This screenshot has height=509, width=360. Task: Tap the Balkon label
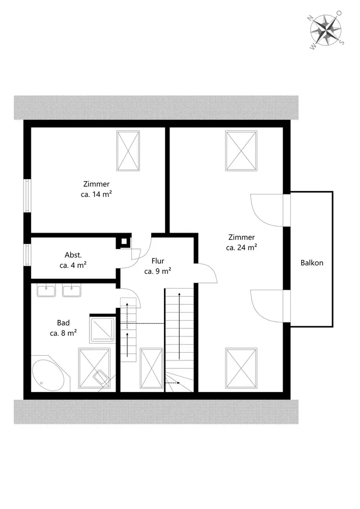pos(312,263)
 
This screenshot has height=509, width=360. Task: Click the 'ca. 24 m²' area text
pos(241,247)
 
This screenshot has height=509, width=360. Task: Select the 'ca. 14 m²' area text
pos(96,194)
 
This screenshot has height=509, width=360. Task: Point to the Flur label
pos(158,261)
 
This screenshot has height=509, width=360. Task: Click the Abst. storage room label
pos(73,255)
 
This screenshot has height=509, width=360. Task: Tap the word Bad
pos(63,323)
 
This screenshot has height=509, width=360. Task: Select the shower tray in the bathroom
pos(102,330)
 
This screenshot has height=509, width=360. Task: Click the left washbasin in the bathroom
pos(46,290)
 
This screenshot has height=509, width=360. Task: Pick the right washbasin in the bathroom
pos(72,290)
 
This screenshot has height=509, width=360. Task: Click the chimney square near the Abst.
pos(124,241)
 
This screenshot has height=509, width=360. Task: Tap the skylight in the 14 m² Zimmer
pos(128,151)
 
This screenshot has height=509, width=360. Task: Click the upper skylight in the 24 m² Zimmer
pos(241,151)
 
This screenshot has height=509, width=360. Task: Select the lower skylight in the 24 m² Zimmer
pos(241,368)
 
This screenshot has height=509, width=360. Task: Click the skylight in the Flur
pos(151,368)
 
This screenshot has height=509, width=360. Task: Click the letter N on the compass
pos(310,18)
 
